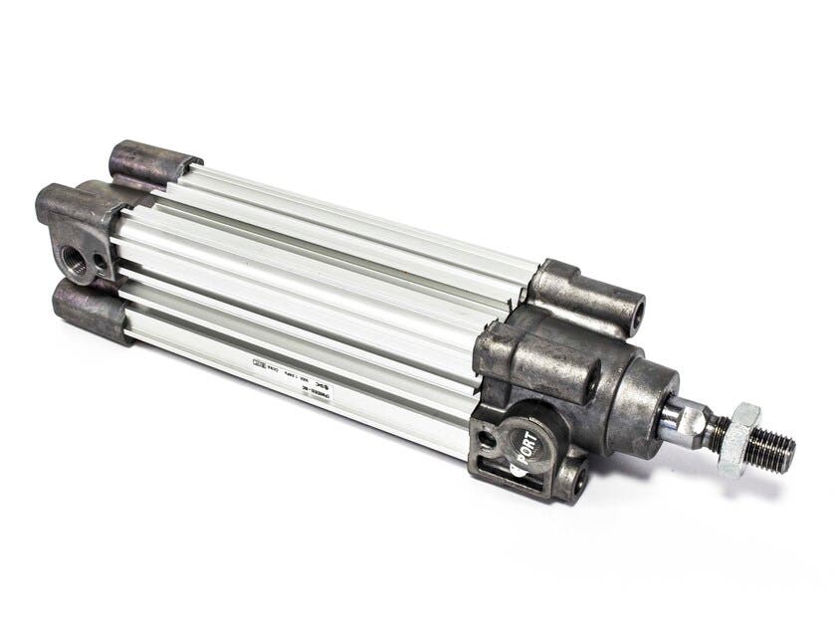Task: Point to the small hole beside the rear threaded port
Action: [101, 262]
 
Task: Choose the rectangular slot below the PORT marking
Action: [517, 469]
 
